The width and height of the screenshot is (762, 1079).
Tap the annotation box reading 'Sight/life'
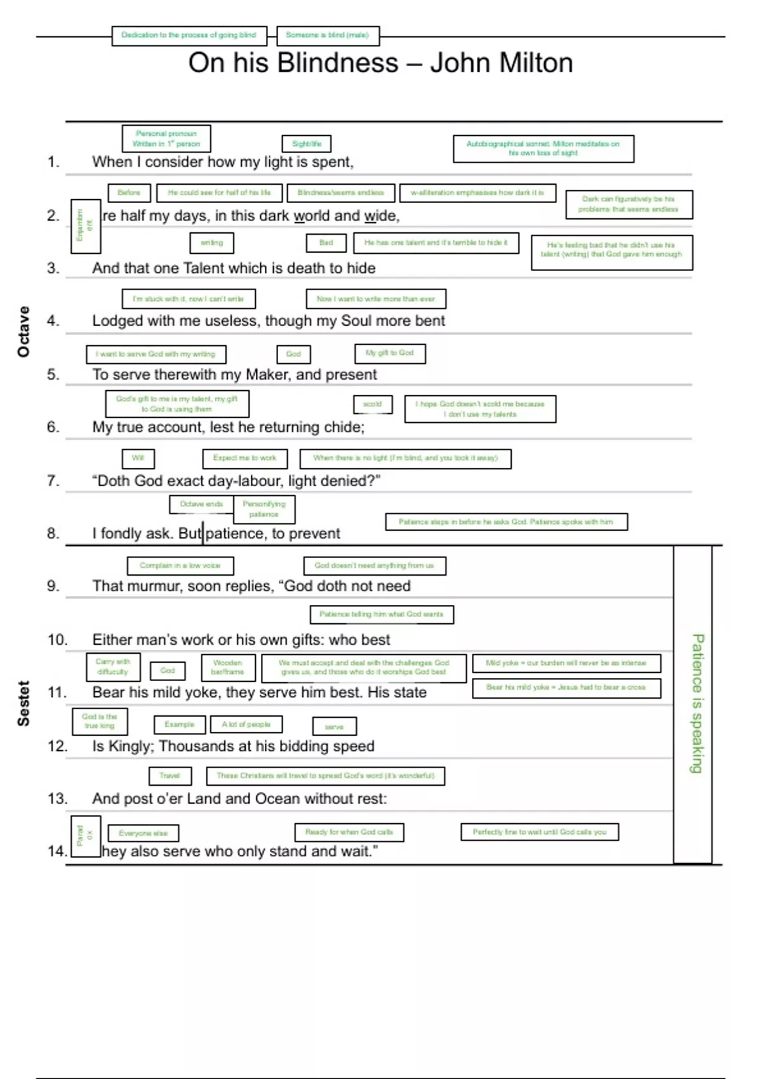pyautogui.click(x=307, y=144)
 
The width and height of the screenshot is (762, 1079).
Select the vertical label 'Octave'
pyautogui.click(x=23, y=331)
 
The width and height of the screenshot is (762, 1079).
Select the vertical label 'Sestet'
pyautogui.click(x=23, y=703)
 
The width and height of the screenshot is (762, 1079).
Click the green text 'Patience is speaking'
pyautogui.click(x=697, y=703)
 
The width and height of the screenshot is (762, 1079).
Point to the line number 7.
pyautogui.click(x=53, y=480)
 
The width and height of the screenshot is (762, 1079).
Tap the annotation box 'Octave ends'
pyautogui.click(x=201, y=505)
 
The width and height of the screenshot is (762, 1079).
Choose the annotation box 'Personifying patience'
pyautogui.click(x=264, y=509)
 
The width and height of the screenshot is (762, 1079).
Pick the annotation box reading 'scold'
pyautogui.click(x=373, y=404)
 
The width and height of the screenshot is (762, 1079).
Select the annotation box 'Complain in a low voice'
pyautogui.click(x=180, y=566)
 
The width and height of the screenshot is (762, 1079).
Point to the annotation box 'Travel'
pyautogui.click(x=170, y=776)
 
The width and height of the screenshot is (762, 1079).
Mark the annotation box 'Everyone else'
pyautogui.click(x=144, y=833)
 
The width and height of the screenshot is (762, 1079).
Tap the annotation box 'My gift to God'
pyautogui.click(x=389, y=353)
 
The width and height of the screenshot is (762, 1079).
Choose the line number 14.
pyautogui.click(x=57, y=851)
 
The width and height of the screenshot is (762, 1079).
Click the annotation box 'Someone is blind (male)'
pyautogui.click(x=328, y=36)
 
